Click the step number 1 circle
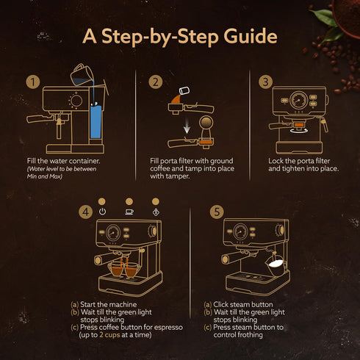coord(32,82)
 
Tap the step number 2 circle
coord(155,82)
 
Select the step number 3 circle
coord(266,82)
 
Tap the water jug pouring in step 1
coord(79,73)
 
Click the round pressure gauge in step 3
coord(298,101)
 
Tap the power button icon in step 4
coord(102,212)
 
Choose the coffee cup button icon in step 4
coord(129,212)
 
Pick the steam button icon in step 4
coord(155,212)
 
